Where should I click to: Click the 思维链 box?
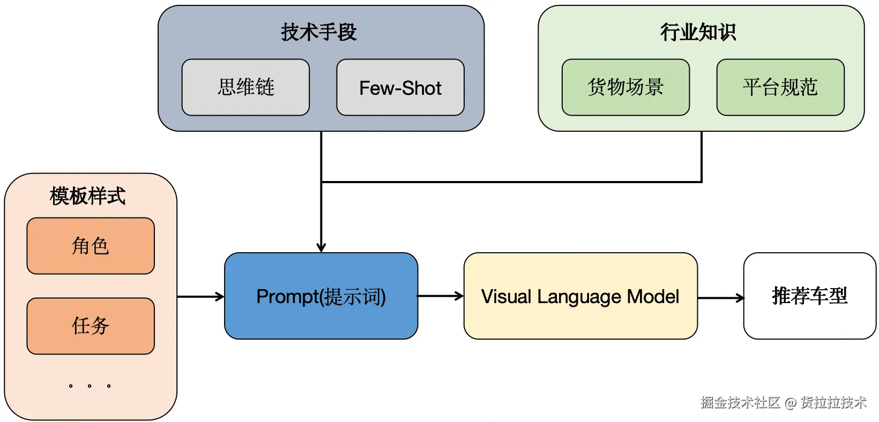(245, 87)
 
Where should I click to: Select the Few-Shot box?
(400, 87)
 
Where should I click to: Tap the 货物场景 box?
(625, 87)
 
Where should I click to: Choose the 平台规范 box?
(780, 87)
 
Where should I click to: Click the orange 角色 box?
(91, 246)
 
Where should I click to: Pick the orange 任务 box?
(91, 326)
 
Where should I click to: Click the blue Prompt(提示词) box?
(321, 296)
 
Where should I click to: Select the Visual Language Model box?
(580, 296)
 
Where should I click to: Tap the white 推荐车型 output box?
(809, 296)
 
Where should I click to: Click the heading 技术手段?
(319, 32)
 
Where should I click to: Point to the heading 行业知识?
(698, 32)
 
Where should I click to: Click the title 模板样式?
(88, 196)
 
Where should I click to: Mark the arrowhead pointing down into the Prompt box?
(321, 247)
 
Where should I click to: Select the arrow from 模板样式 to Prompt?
(200, 296)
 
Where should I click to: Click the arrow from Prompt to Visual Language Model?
(440, 296)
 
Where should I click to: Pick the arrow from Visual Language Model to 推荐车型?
(720, 298)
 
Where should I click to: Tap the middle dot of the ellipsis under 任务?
(90, 386)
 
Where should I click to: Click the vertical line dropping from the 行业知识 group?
(702, 156)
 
